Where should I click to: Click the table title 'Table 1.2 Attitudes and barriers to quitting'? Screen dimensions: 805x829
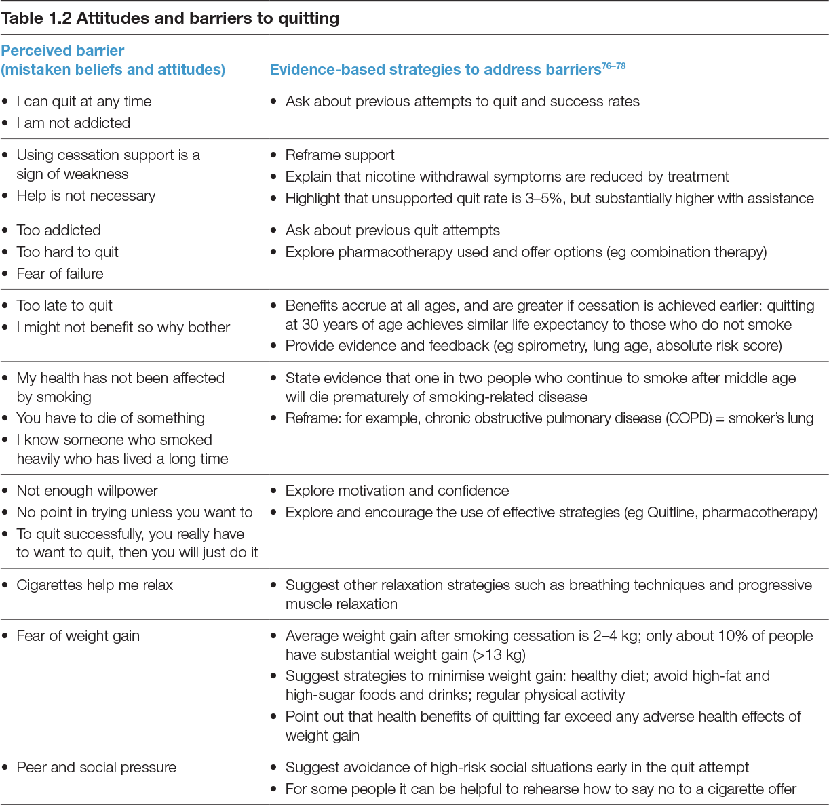pyautogui.click(x=170, y=18)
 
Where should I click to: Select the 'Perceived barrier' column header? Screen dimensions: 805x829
pyautogui.click(x=62, y=51)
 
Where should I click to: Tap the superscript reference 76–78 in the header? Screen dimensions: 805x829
pyautogui.click(x=613, y=66)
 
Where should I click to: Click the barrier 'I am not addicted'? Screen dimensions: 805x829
pyautogui.click(x=73, y=123)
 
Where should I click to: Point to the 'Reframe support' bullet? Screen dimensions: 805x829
pyautogui.click(x=340, y=155)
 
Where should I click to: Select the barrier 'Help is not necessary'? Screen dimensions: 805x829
pyautogui.click(x=86, y=196)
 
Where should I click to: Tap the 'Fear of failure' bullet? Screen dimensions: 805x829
pyautogui.click(x=60, y=274)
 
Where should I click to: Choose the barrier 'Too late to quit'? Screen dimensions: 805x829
pyautogui.click(x=64, y=306)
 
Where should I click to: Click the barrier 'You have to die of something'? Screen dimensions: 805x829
pyautogui.click(x=111, y=418)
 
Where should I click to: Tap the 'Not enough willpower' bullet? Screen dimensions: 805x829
pyautogui.click(x=87, y=491)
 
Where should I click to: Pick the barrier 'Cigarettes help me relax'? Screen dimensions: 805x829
pyautogui.click(x=95, y=585)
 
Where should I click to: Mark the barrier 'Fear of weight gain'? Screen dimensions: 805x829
pyautogui.click(x=78, y=636)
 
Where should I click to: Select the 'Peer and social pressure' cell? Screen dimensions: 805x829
pyautogui.click(x=96, y=768)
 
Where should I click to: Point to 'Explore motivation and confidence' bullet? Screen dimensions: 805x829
pyautogui.click(x=397, y=491)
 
